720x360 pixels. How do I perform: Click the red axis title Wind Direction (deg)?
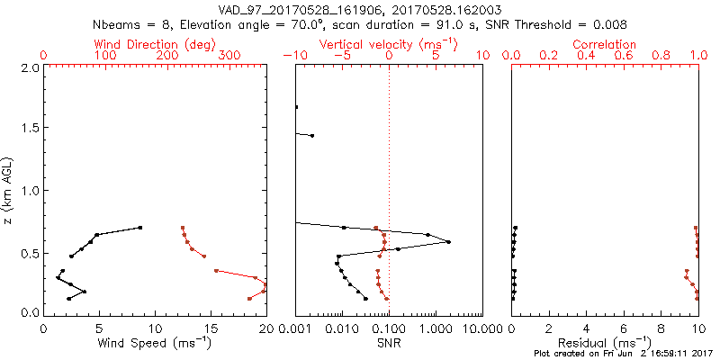[154, 44]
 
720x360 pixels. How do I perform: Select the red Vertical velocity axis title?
[388, 44]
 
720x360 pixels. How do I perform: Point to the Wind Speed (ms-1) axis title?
[154, 342]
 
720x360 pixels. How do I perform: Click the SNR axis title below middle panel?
[388, 342]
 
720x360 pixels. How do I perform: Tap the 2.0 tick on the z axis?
[29, 67]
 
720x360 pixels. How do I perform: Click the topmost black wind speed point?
[140, 228]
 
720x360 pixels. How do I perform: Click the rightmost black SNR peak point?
[448, 242]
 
